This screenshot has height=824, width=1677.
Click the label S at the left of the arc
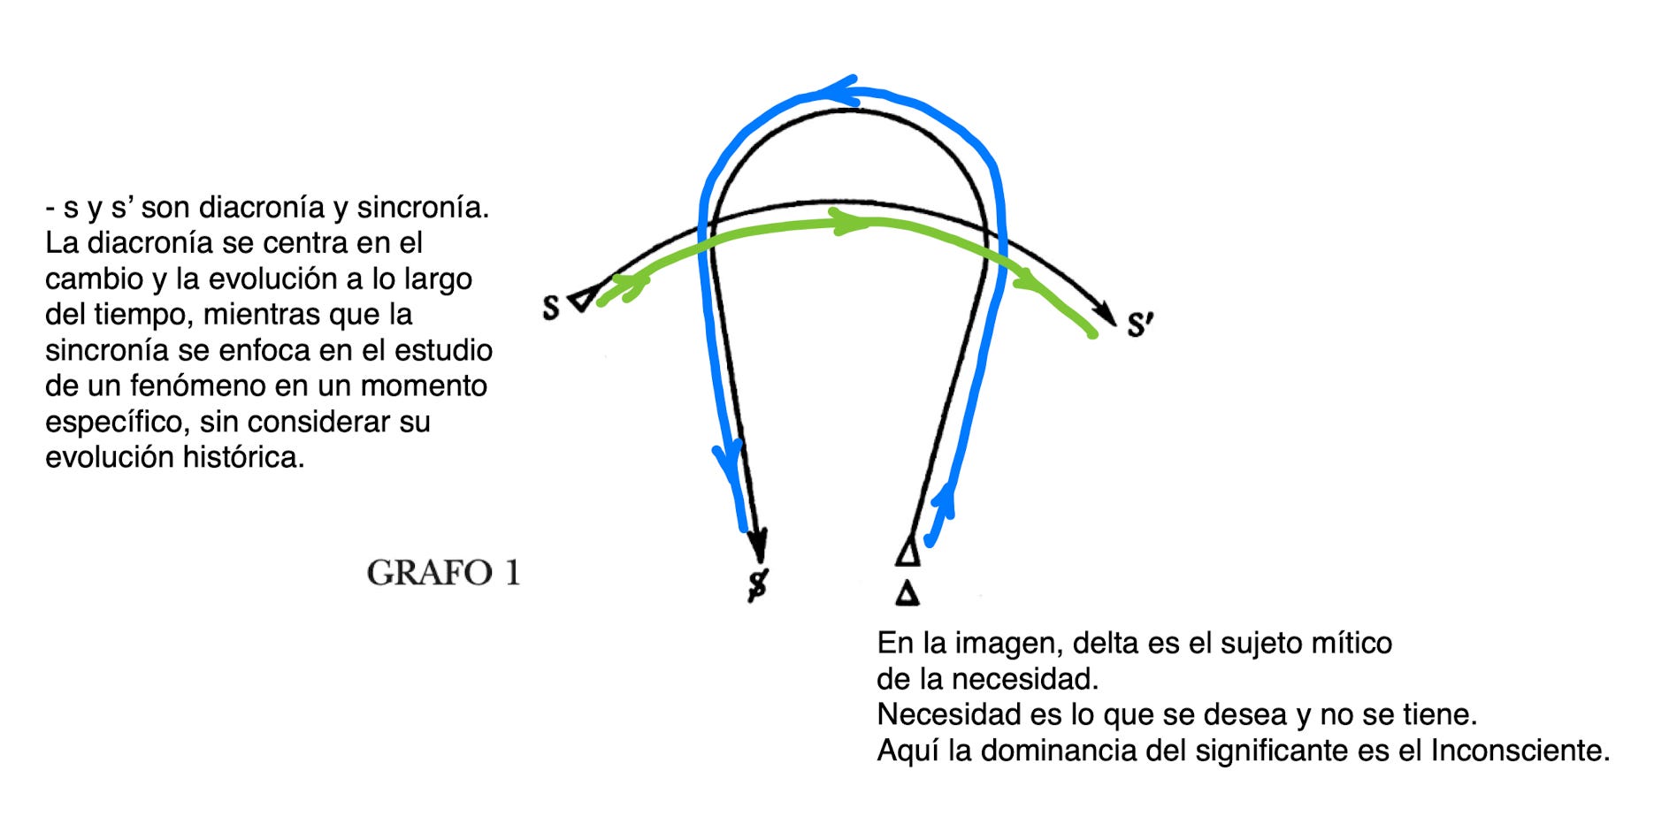click(551, 308)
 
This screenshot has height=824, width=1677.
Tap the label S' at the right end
click(1139, 324)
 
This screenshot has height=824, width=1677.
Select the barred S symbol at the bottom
click(758, 584)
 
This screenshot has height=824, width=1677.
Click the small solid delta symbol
click(907, 592)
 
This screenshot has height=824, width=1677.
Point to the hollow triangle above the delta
click(908, 552)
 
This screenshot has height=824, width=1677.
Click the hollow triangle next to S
click(581, 299)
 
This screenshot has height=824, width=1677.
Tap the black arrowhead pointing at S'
click(1106, 312)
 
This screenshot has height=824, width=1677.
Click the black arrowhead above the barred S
click(758, 543)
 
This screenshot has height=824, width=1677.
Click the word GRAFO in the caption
click(429, 573)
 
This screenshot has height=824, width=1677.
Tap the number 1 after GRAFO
click(512, 573)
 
